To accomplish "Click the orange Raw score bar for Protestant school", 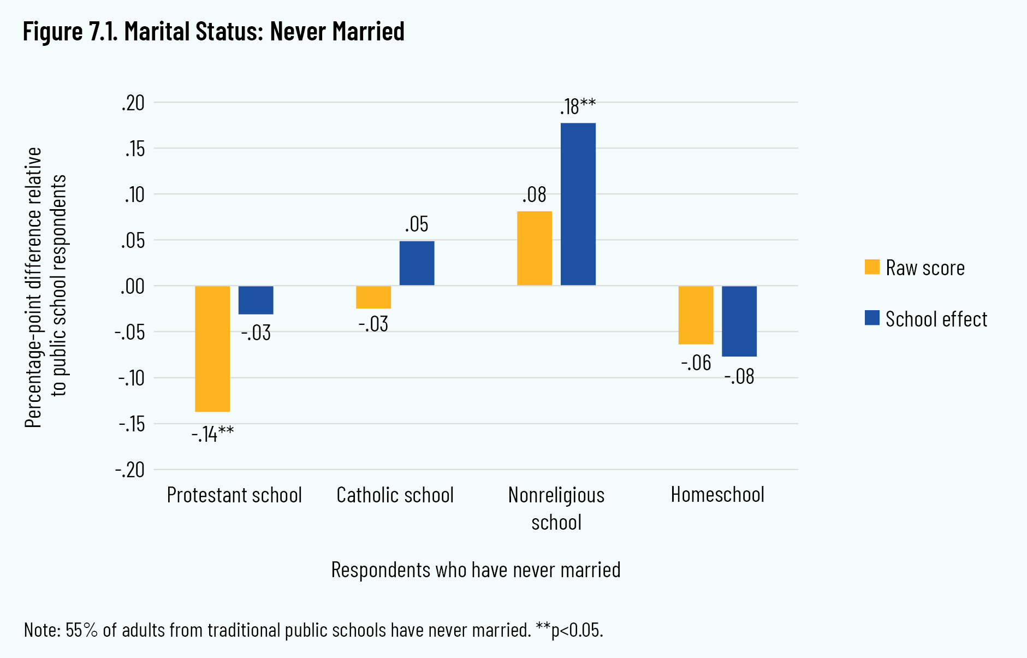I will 212,348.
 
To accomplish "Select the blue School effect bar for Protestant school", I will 256,300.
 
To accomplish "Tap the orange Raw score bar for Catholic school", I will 373,297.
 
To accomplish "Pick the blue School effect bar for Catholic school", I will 417,263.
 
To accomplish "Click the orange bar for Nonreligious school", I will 535,248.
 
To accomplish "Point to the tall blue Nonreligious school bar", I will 578,204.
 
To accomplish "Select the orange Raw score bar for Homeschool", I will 696,315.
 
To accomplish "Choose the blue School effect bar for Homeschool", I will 739,321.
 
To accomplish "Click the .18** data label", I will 578,106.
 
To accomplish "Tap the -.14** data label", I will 213,434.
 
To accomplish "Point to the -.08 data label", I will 739,377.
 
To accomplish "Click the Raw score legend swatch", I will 872,267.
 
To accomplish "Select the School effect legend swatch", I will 872,318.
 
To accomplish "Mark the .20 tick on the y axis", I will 133,103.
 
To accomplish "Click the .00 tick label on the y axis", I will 133,286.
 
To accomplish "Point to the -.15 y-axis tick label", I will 131,424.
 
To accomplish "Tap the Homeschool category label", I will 717,495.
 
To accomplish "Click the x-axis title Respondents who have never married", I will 476,570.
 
